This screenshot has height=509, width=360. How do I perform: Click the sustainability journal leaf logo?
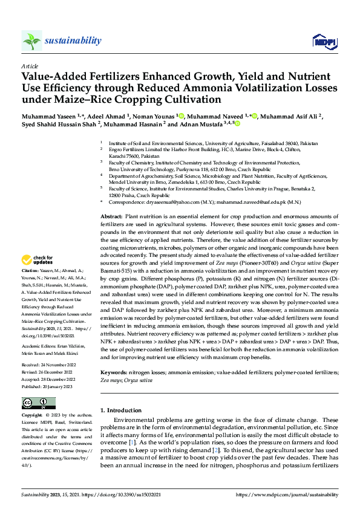click(31, 41)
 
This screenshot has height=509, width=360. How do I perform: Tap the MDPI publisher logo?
click(324, 41)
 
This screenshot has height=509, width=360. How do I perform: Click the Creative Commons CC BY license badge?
click(38, 403)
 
